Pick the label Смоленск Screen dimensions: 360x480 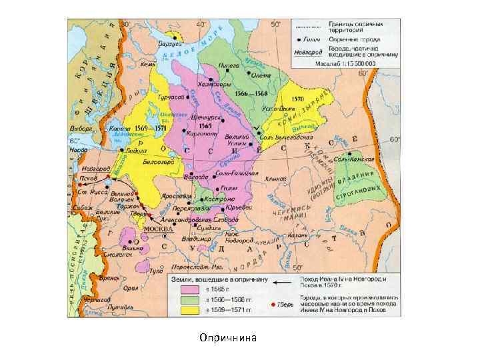click(115, 255)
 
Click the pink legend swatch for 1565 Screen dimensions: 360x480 click(187, 290)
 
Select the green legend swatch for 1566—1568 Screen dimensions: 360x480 click(187, 301)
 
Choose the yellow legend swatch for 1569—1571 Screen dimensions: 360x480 click(187, 311)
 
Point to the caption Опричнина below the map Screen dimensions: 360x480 click(227, 337)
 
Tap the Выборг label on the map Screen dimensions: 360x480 click(81, 128)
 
